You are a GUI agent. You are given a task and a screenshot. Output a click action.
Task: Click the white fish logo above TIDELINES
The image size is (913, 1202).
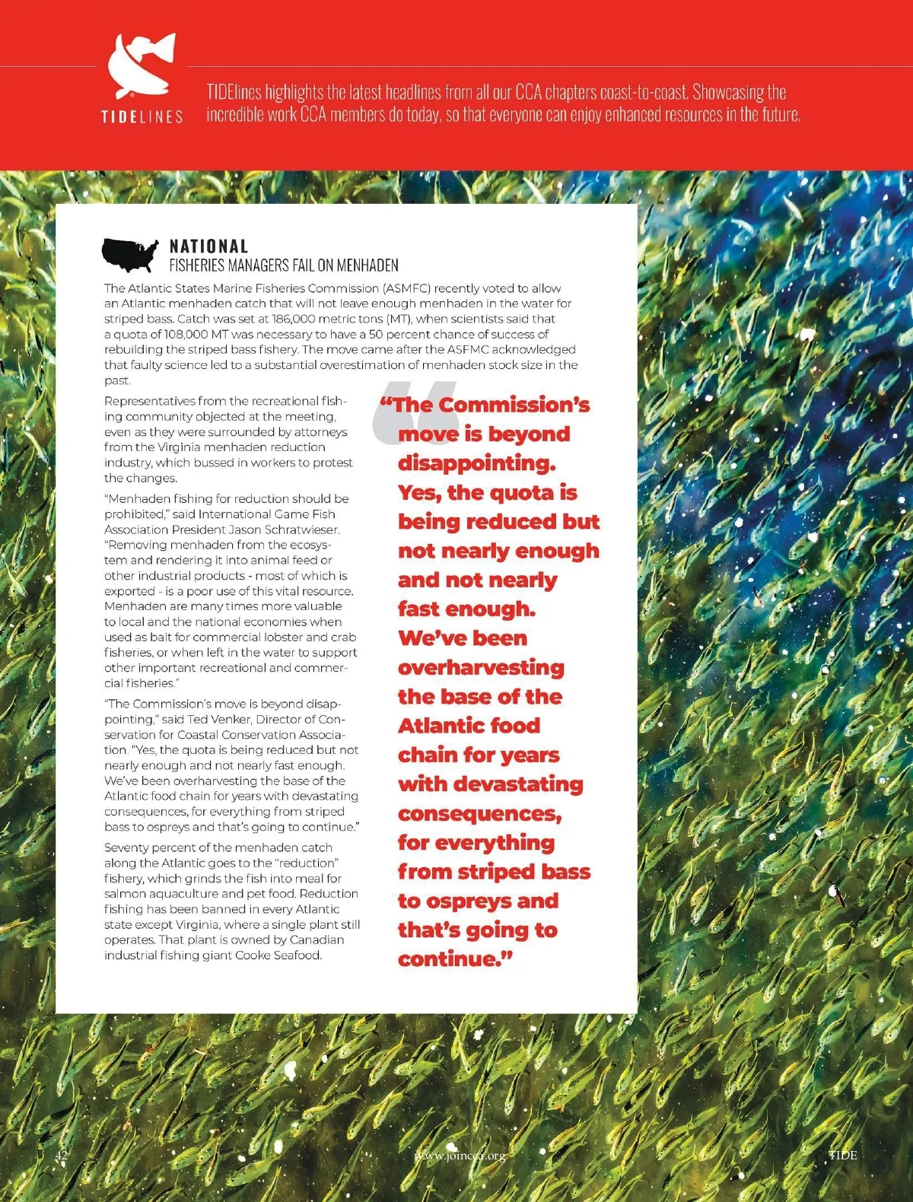coord(142,66)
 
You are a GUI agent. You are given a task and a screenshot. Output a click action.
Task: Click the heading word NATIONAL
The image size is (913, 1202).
coord(208,246)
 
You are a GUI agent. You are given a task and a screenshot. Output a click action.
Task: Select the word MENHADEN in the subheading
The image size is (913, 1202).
coord(367,266)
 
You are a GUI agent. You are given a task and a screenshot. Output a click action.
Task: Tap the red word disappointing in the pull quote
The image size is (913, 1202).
coord(476,463)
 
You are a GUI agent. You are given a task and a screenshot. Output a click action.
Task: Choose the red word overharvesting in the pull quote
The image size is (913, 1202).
coord(481,668)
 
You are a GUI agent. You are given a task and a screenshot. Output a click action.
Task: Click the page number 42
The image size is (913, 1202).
coord(62,1155)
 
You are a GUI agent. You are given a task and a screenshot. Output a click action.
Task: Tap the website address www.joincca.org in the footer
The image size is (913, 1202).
coord(460,1156)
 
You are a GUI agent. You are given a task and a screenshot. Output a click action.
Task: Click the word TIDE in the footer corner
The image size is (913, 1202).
coord(842,1155)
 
